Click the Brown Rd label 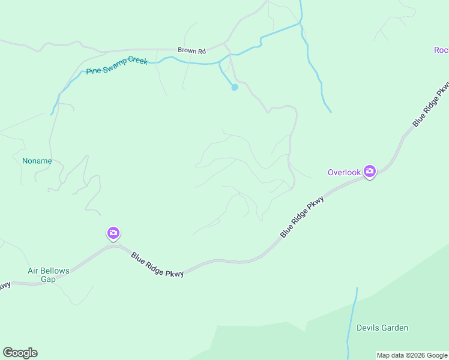click(x=191, y=50)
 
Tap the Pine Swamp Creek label click(x=116, y=66)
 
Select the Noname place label click(x=37, y=161)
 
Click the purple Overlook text click(x=344, y=172)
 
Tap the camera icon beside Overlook click(x=370, y=172)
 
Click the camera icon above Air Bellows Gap click(x=113, y=233)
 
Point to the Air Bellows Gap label click(x=49, y=275)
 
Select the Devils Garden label click(x=382, y=328)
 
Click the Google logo click(x=20, y=353)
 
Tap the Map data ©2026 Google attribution click(x=412, y=355)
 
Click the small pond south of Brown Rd click(x=235, y=88)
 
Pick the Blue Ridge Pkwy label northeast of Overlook click(x=432, y=104)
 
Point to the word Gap click(x=48, y=279)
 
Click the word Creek click(x=137, y=62)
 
